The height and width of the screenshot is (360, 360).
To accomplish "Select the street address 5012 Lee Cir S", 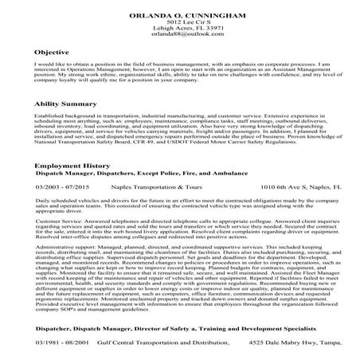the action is pos(179,19).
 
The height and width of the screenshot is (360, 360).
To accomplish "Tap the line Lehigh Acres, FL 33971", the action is pos(179,26).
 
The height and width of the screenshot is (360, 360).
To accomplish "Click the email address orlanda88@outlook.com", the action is pos(179,33).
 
